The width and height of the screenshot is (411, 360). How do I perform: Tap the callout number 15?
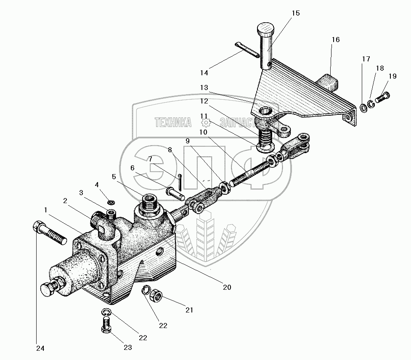295,13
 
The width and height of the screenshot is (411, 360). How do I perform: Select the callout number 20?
227,288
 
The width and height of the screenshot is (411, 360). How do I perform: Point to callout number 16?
335,40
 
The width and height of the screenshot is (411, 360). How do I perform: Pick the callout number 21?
189,310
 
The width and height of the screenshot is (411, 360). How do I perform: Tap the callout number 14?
204,73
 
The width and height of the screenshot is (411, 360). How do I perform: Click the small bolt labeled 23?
107,326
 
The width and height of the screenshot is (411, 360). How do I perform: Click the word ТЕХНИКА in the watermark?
173,122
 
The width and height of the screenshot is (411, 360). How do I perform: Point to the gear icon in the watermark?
206,122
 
